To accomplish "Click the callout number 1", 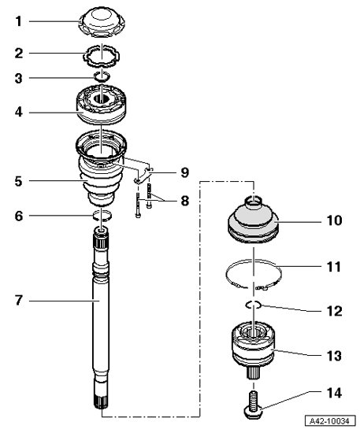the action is tap(19, 21).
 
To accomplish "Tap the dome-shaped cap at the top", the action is tap(102, 23).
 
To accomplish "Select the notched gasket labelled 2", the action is tap(102, 56).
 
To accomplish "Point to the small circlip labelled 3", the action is tap(102, 76).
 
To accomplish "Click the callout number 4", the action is tap(19, 113).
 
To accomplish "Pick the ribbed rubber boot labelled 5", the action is tap(101, 168).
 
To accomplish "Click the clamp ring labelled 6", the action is tap(102, 216).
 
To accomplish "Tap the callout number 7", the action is tap(19, 300).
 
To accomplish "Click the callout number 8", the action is tap(185, 201).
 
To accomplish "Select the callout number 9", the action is tap(185, 173).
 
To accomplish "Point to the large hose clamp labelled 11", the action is tap(254, 275).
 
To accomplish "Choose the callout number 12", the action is tap(334, 311).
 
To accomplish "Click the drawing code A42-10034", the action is tap(331, 420).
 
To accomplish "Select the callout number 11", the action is tap(334, 267).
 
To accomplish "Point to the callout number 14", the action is tap(334, 393).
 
